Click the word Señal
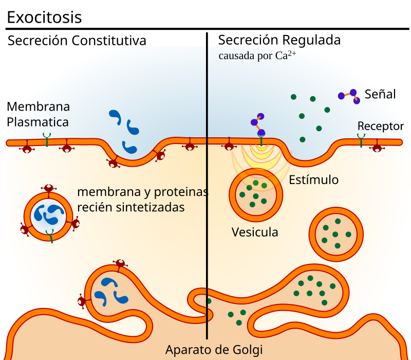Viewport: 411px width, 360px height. tap(380, 94)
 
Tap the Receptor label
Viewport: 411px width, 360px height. tap(380, 126)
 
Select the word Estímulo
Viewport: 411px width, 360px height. tap(313, 180)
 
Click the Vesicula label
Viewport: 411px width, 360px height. tap(255, 232)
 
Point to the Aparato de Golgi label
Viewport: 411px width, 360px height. tap(214, 350)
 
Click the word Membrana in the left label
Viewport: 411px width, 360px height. tap(38, 107)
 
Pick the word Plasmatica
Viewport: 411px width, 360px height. tap(38, 122)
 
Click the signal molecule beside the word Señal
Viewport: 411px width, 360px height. tap(349, 96)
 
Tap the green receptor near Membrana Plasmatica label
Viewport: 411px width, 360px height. tap(47, 139)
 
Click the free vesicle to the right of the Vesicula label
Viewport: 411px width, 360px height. tap(336, 234)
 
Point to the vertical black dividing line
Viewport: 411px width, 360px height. tap(207, 206)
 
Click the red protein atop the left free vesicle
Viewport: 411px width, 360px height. tap(48, 189)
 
